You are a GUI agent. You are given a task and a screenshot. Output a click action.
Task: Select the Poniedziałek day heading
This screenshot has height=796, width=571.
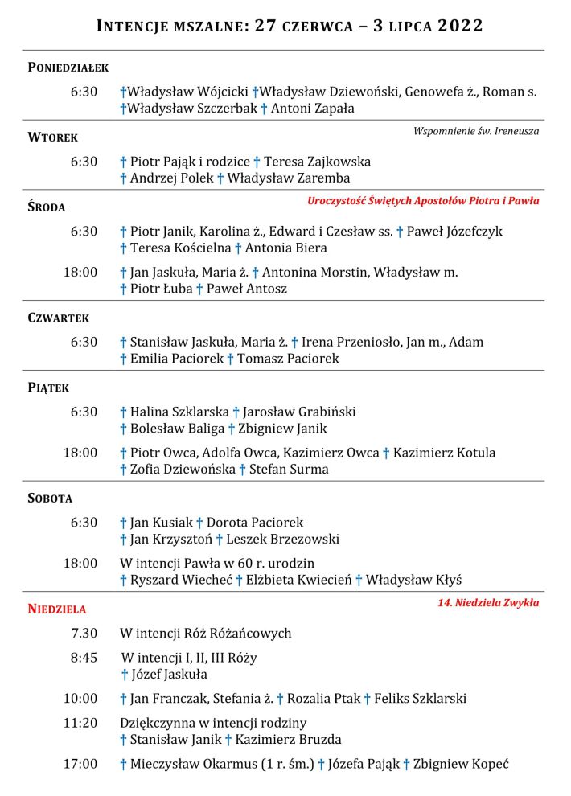pos(68,68)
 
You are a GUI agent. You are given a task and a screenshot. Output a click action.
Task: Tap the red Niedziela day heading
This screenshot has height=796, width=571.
pos(57,609)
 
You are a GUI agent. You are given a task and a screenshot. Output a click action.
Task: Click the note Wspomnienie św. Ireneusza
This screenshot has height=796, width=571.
pos(476,131)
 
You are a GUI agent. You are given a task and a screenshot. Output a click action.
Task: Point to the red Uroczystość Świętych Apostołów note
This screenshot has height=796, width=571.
pos(423,201)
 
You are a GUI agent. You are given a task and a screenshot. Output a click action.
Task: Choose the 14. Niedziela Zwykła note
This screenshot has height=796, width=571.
pos(483,602)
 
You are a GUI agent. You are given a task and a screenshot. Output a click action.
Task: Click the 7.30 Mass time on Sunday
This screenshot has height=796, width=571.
pos(84,634)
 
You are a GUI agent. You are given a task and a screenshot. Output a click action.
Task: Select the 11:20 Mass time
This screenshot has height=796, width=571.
pos(80,723)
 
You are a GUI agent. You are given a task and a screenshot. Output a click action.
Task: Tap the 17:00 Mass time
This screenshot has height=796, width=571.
pos(80,764)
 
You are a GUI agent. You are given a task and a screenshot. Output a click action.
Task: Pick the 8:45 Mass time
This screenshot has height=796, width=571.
pos(84,658)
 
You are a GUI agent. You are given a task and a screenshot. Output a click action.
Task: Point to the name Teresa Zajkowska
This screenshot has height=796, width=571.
pos(317,162)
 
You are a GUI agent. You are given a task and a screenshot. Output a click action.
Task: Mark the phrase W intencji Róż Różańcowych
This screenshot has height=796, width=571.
pos(206,634)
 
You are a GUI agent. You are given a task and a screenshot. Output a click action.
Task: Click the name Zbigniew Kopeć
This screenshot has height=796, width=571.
pos(461,765)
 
